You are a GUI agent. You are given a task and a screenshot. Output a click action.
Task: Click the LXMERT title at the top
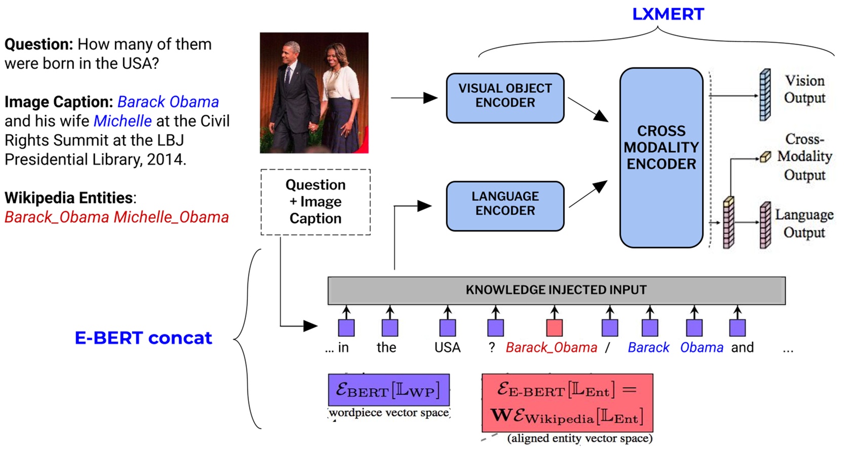point(667,14)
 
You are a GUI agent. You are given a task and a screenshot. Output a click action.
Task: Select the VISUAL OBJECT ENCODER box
point(505,98)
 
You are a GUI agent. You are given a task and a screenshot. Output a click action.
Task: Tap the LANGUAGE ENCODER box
point(505,206)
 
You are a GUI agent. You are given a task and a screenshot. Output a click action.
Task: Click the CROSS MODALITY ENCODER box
point(661,158)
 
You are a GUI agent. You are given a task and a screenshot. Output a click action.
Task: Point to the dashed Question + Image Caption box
point(315,202)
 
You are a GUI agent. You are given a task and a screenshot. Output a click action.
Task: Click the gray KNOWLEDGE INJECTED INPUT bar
point(556,290)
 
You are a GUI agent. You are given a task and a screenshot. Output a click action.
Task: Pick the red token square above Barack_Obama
point(554,328)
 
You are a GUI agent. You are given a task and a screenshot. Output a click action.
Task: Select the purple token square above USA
point(447,328)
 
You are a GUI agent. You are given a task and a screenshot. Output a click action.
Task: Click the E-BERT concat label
point(144,338)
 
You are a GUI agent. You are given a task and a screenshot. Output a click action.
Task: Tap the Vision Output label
point(804,89)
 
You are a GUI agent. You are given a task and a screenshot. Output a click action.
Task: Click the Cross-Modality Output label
point(804,157)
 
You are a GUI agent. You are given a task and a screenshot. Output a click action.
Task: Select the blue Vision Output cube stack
point(765,95)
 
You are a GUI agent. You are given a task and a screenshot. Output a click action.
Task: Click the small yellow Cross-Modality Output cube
point(765,157)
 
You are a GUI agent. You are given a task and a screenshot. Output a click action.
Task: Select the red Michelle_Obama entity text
point(171,217)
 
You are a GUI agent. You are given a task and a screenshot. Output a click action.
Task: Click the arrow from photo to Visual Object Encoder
point(414,97)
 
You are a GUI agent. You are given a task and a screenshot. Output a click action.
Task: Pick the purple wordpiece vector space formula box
point(388,390)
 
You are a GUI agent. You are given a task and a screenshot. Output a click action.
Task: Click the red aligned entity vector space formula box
point(567,403)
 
